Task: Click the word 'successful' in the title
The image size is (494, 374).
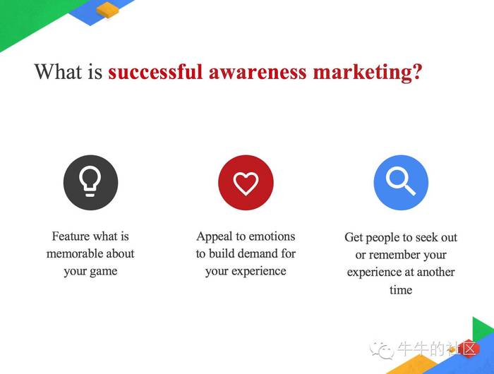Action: pos(155,71)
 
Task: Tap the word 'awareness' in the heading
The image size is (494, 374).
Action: pos(258,72)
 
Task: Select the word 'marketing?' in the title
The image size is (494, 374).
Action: pos(368,73)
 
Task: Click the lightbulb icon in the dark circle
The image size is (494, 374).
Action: pos(90,181)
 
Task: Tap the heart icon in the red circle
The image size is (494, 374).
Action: pos(246,183)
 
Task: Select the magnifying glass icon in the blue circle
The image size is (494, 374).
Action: pos(400,181)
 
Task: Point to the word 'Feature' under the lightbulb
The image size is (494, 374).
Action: pos(71,236)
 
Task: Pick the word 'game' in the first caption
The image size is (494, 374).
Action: pos(103,272)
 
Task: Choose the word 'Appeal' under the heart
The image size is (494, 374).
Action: pos(215,236)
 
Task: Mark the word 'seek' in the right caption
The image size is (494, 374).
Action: pos(426,238)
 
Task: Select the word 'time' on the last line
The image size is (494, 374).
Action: pos(401,289)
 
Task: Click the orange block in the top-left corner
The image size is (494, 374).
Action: pos(108,10)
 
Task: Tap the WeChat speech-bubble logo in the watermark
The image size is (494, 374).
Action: pos(381,350)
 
